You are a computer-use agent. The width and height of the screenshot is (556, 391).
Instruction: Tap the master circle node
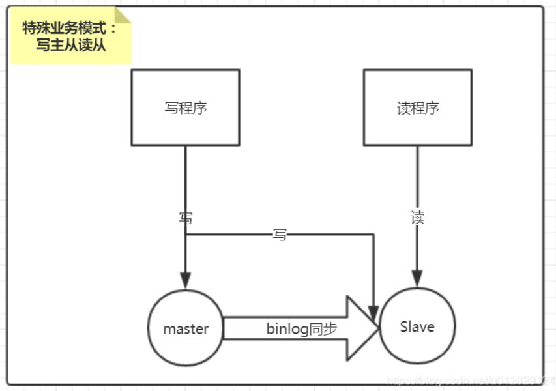tap(186, 328)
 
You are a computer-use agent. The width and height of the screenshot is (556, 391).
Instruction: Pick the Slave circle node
tap(417, 326)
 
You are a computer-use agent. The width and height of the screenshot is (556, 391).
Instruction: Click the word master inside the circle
tap(186, 328)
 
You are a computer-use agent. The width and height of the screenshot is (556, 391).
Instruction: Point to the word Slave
tap(417, 326)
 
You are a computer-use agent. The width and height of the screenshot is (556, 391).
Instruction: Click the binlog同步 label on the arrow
tap(302, 328)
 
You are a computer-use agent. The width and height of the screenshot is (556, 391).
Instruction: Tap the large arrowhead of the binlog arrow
tap(362, 328)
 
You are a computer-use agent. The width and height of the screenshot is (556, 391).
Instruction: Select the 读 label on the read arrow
tap(418, 218)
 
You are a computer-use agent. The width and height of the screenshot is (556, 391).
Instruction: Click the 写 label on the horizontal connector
tap(280, 235)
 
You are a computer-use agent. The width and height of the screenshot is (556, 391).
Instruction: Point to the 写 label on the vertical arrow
tap(186, 218)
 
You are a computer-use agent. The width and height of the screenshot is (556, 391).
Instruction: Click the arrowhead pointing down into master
tap(186, 281)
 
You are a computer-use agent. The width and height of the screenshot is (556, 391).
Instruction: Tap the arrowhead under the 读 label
tap(418, 280)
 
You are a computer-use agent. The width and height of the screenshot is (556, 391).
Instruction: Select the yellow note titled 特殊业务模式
tap(70, 36)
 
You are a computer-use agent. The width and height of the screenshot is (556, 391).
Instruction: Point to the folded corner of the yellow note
tap(123, 14)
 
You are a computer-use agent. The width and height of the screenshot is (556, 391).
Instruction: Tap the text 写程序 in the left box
tap(186, 108)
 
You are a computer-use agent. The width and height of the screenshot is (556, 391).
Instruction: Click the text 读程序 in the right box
tap(418, 108)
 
